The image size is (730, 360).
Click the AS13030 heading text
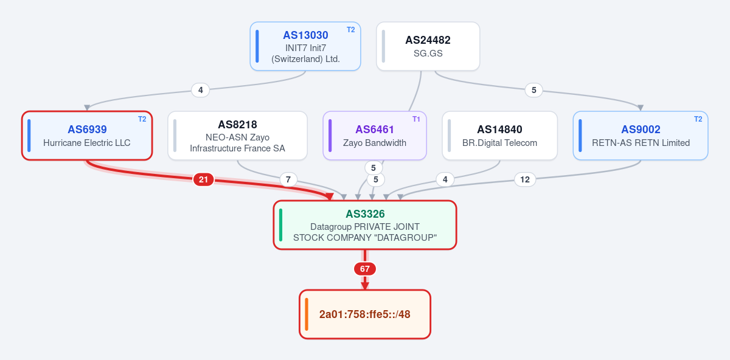click(305, 35)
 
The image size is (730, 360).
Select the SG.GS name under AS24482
click(428, 54)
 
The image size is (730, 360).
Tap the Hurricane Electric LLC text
click(86, 143)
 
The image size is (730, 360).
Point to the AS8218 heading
click(237, 125)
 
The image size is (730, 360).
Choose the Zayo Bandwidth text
click(375, 143)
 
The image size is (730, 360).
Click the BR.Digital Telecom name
click(499, 143)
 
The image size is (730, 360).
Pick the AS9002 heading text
click(641, 130)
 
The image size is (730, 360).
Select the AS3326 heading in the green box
click(365, 213)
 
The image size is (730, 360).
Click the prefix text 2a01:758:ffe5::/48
click(364, 314)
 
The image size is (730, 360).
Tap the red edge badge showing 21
click(203, 179)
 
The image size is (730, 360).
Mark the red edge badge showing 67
click(364, 269)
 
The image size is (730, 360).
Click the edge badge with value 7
click(288, 179)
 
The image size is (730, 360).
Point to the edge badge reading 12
click(524, 179)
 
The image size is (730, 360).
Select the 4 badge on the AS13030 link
click(200, 90)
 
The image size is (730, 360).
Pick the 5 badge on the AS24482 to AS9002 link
click(534, 90)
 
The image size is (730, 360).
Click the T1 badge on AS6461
click(416, 119)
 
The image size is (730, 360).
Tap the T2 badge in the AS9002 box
click(698, 119)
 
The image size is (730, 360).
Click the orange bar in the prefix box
click(307, 314)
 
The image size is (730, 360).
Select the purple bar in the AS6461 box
click(330, 136)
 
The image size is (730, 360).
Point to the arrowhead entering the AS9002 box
click(641, 108)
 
